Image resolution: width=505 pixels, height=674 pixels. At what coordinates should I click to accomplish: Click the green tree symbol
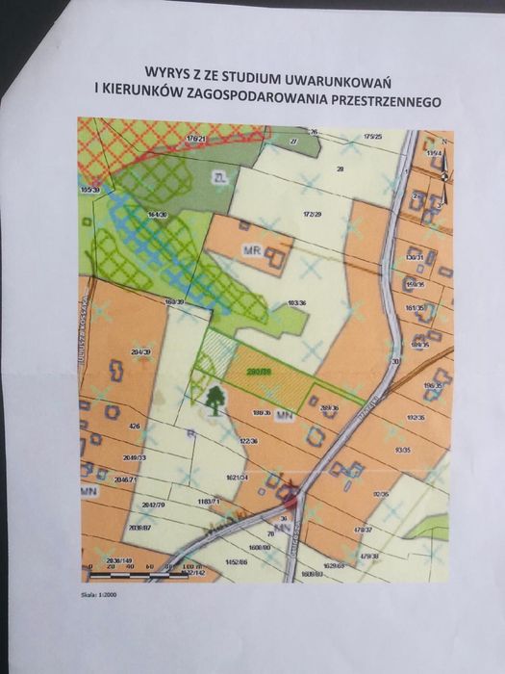213,399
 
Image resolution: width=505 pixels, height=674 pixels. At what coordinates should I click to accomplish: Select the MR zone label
253,248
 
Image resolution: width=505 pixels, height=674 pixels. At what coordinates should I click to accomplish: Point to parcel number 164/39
158,214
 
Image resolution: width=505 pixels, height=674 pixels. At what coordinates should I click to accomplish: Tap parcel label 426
135,426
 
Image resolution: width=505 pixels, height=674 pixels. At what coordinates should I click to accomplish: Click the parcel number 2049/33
134,458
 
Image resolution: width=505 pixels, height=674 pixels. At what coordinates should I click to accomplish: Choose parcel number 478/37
362,529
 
